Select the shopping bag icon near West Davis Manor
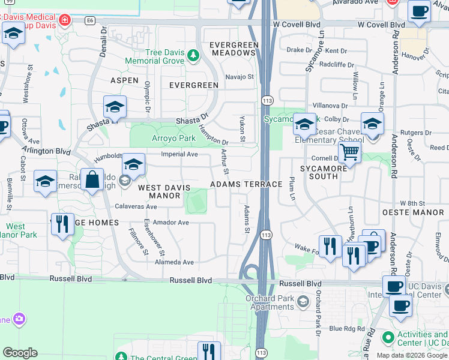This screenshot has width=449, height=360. (92, 180)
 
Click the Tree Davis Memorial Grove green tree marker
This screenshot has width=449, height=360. (193, 56)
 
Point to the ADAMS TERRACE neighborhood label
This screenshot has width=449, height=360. (246, 184)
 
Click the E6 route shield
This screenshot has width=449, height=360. (90, 20)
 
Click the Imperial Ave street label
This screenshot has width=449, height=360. (179, 154)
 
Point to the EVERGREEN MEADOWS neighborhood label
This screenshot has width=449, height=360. (234, 49)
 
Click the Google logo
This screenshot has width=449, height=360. (20, 353)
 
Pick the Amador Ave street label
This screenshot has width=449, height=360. (170, 223)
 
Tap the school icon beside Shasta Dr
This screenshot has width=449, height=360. (114, 107)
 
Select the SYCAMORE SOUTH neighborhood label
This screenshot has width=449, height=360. (328, 172)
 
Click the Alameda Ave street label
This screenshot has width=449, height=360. (174, 262)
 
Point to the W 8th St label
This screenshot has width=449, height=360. (412, 204)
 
